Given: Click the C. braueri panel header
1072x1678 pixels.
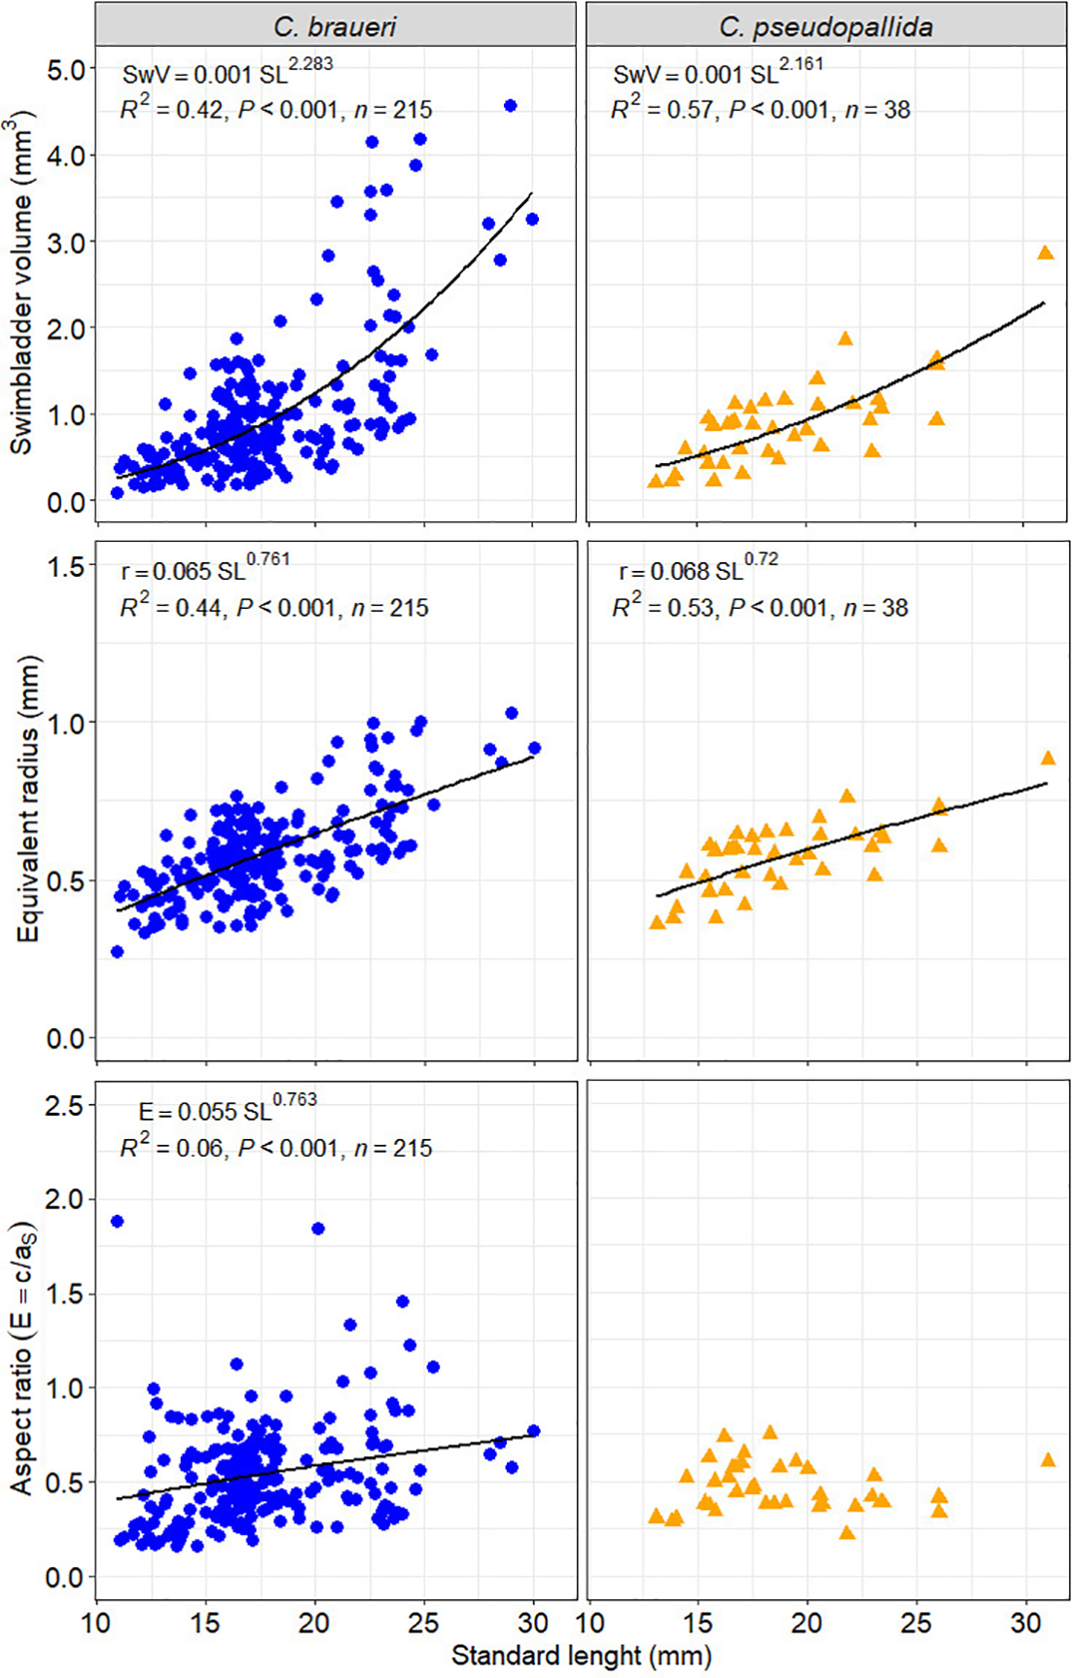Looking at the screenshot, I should (x=336, y=25).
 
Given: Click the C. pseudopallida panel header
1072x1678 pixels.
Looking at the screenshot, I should (x=826, y=25).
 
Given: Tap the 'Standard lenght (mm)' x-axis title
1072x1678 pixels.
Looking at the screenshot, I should (x=581, y=1655).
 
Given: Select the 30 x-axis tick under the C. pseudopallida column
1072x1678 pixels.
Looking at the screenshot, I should (x=1025, y=1623).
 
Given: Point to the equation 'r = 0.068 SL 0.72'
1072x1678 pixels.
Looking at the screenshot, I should (x=698, y=569).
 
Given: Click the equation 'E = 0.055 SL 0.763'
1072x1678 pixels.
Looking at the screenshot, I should (x=227, y=1109).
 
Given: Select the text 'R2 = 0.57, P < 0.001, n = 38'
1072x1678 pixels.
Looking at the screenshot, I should (x=760, y=109).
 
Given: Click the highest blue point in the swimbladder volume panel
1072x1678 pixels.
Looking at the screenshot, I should (x=510, y=105).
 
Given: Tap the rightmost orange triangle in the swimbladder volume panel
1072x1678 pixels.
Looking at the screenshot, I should (x=1046, y=253).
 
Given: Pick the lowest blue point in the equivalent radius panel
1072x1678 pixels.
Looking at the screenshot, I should (x=117, y=951).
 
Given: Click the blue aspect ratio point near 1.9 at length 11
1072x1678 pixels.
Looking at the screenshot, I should (x=117, y=1221).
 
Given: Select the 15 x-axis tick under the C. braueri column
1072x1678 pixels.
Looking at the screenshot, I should (x=205, y=1623).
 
